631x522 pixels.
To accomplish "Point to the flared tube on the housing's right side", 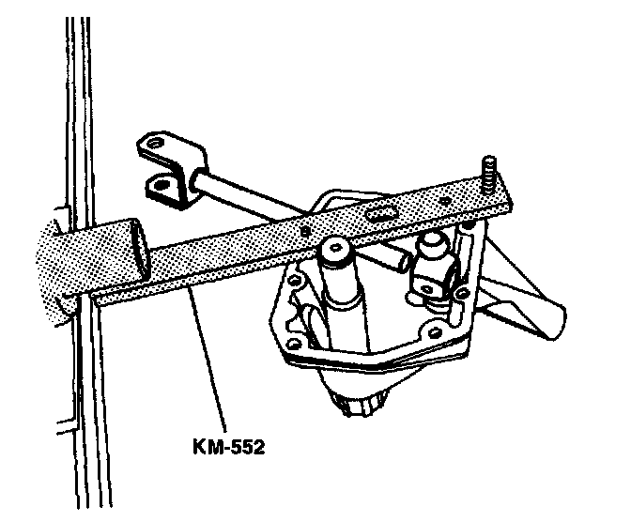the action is (526, 300).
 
